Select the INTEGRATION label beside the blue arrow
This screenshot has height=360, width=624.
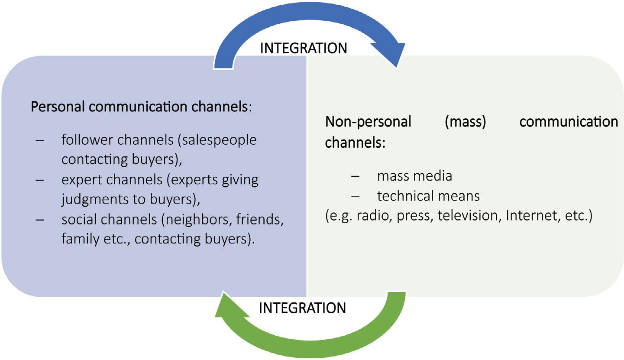pyautogui.click(x=303, y=48)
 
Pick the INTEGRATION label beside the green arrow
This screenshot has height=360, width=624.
pyautogui.click(x=302, y=308)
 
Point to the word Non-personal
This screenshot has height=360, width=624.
pyautogui.click(x=368, y=122)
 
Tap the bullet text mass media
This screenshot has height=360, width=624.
pyautogui.click(x=414, y=176)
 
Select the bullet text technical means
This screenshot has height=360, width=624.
pyautogui.click(x=428, y=196)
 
